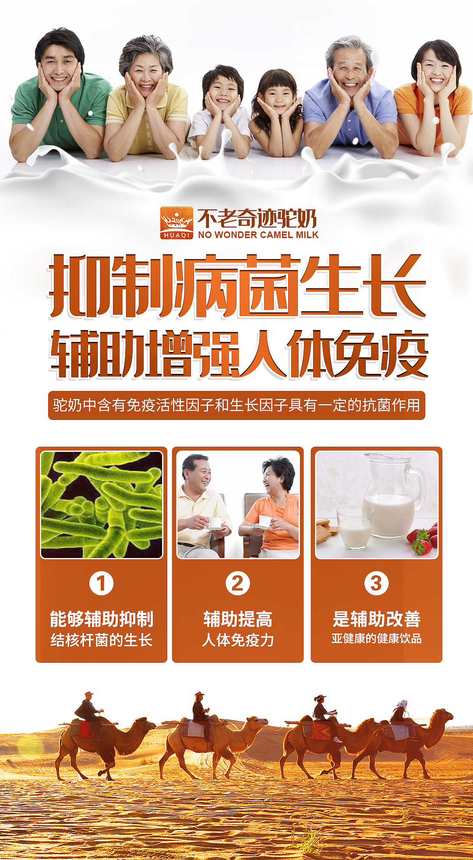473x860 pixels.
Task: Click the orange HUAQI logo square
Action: [x=176, y=223]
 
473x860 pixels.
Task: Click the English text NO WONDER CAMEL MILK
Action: [x=258, y=235]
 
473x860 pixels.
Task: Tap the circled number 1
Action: [x=101, y=583]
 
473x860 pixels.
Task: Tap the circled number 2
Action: [x=237, y=583]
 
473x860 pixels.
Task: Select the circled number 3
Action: [x=376, y=583]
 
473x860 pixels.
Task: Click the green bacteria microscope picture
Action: [x=102, y=505]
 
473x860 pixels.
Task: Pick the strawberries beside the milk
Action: [x=423, y=540]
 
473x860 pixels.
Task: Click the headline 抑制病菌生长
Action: [x=236, y=286]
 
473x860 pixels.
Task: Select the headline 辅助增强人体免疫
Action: [x=239, y=354]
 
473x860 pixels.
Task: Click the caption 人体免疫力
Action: [x=238, y=640]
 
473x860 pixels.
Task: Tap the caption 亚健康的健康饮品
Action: [x=376, y=639]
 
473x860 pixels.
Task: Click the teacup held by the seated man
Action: [x=215, y=522]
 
